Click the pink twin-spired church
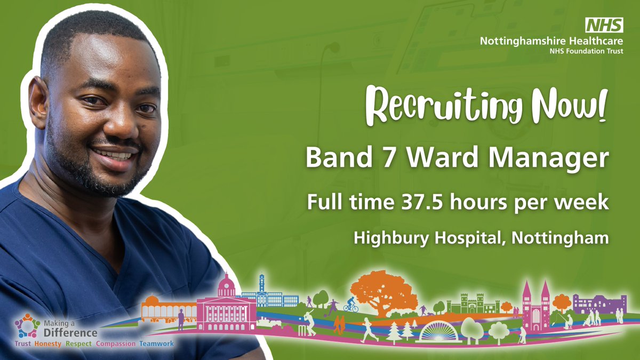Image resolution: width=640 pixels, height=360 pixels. point(535,309)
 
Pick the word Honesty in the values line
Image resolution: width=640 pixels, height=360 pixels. point(47,344)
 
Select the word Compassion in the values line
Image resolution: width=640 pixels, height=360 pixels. point(116,344)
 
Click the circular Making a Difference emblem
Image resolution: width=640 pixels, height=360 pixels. point(25,325)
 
